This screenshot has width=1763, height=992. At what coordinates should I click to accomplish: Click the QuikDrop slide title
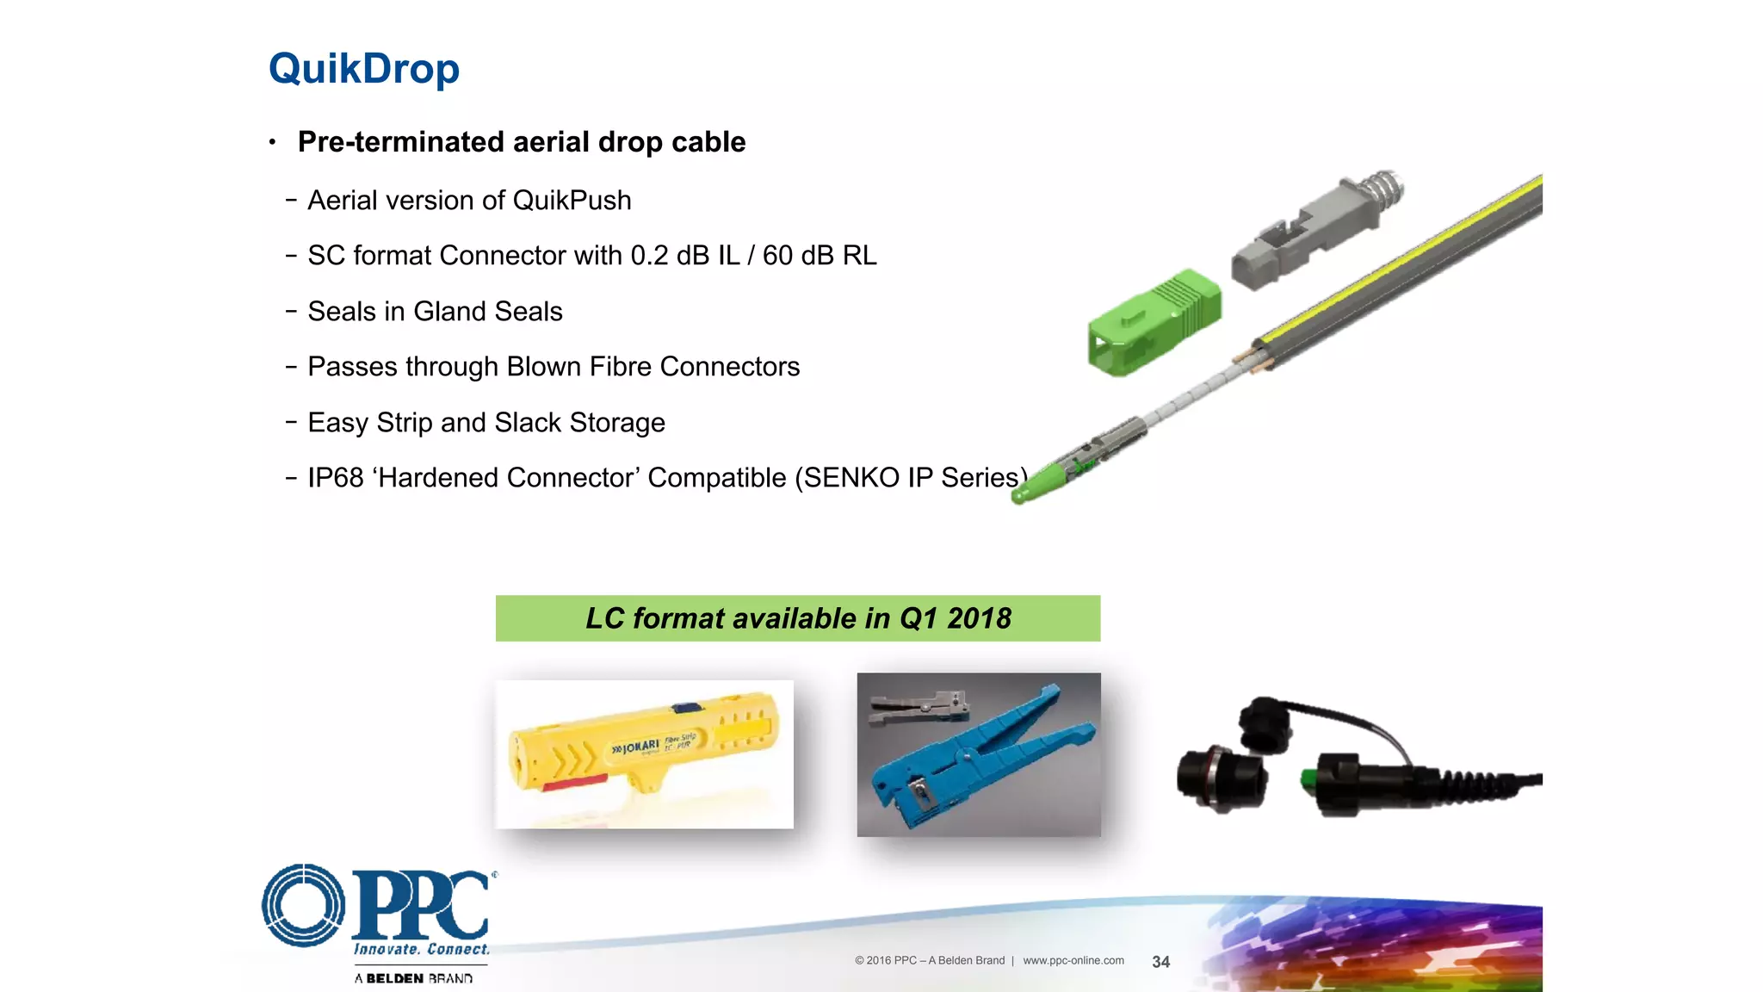click(x=363, y=69)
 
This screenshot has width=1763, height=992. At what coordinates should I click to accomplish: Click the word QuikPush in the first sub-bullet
click(x=572, y=201)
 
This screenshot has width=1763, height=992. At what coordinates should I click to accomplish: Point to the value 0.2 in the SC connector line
click(x=649, y=256)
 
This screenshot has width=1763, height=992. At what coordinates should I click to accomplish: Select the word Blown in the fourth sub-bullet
click(x=543, y=367)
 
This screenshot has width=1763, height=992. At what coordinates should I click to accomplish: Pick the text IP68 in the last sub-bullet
click(x=336, y=478)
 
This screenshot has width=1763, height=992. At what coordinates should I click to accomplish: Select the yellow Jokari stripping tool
click(x=644, y=744)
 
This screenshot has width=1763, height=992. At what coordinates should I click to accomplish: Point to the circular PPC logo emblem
click(x=303, y=905)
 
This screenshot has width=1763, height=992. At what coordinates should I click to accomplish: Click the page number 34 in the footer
click(x=1160, y=962)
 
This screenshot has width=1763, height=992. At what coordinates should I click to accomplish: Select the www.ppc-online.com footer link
click(x=1073, y=961)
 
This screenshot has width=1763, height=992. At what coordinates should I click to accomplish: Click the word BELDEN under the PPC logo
click(x=394, y=978)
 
